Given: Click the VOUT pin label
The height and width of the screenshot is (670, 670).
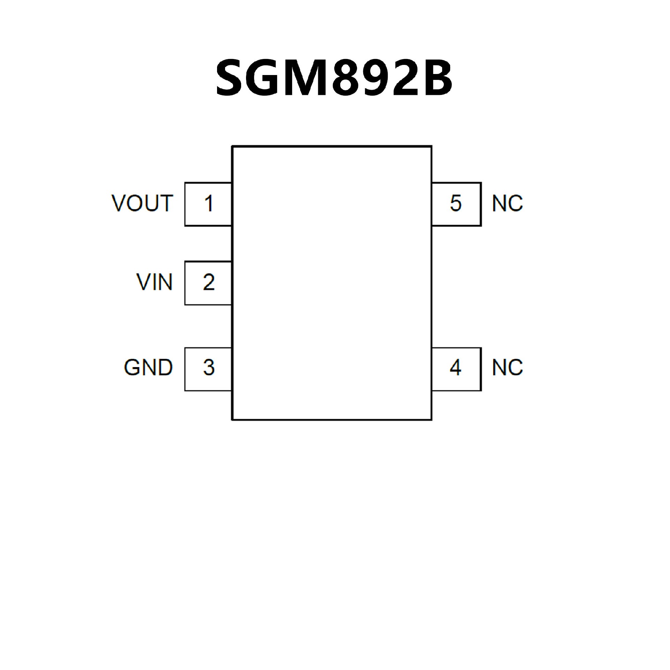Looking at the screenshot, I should (x=142, y=203).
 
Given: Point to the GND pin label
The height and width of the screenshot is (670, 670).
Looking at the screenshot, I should (x=148, y=367).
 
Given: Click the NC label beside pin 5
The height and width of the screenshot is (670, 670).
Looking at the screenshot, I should (x=507, y=203).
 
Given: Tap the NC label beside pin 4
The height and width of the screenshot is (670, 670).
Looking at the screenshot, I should (x=507, y=367).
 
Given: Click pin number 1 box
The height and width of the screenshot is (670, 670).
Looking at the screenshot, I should (x=208, y=204).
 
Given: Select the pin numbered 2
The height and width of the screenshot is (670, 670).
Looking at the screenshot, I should (x=208, y=283).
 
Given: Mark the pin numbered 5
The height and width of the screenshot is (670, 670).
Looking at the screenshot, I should (x=456, y=204).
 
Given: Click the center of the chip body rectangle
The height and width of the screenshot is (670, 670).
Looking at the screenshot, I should (x=332, y=283).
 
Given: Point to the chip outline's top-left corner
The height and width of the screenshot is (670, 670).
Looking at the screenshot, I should (x=232, y=146).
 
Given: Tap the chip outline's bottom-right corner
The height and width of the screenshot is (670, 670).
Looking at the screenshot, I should (x=432, y=419).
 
